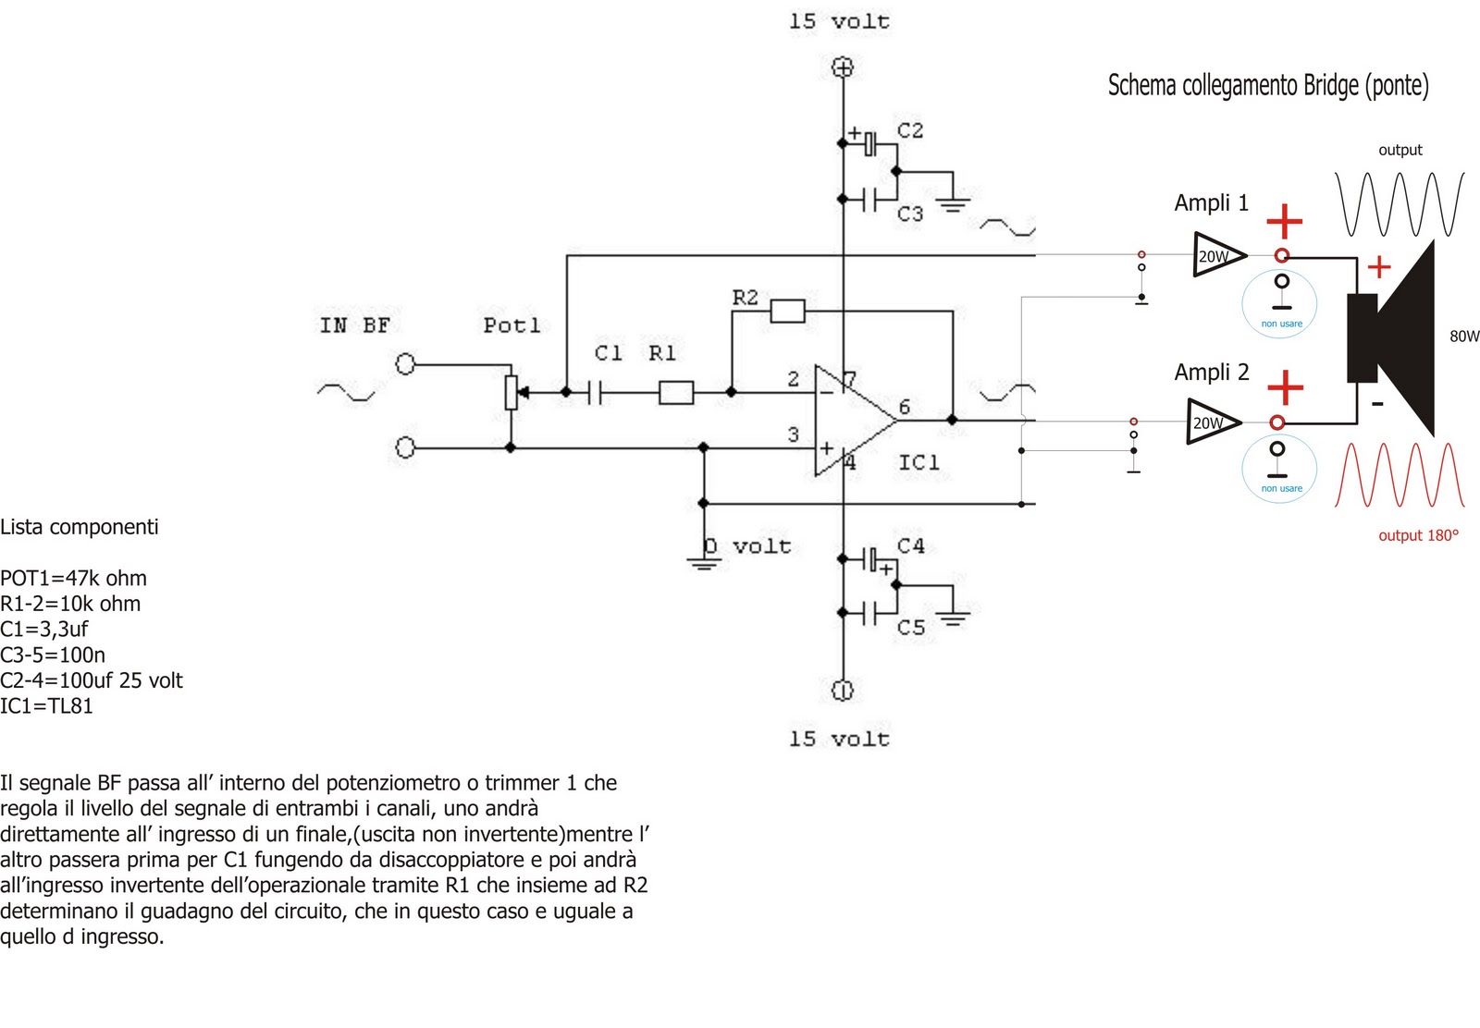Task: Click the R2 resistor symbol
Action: [x=787, y=312]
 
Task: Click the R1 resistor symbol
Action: [x=676, y=394]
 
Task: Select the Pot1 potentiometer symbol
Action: [x=511, y=392]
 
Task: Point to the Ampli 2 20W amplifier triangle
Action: [x=1212, y=422]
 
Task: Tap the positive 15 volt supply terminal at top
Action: [x=843, y=67]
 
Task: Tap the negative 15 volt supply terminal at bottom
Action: [x=843, y=690]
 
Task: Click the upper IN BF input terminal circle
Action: [x=405, y=364]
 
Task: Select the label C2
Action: [x=910, y=130]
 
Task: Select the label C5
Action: [x=911, y=628]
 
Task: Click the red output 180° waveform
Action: [x=1400, y=475]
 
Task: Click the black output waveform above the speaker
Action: [x=1400, y=203]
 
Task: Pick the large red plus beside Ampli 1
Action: [x=1284, y=221]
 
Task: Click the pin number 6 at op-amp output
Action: [x=905, y=407]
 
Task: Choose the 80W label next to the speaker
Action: [x=1464, y=337]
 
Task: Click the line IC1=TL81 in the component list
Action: [x=47, y=706]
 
